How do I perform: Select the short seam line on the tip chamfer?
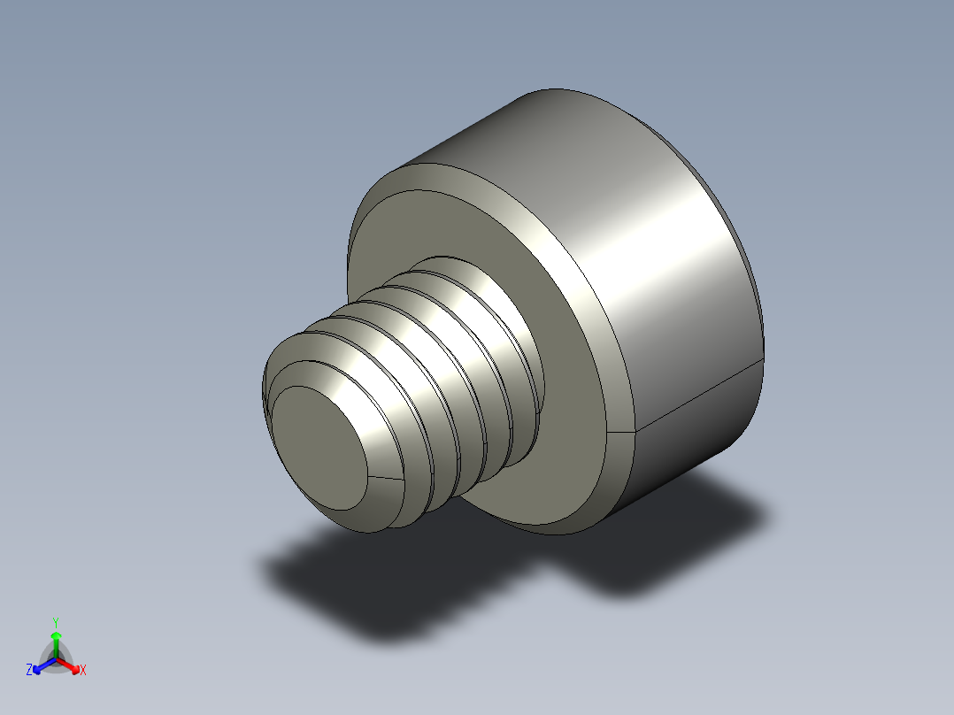point(385,479)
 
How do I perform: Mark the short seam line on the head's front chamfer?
point(623,432)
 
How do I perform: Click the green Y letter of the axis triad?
point(56,622)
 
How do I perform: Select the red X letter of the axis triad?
point(83,671)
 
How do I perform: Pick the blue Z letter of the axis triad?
point(29,671)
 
